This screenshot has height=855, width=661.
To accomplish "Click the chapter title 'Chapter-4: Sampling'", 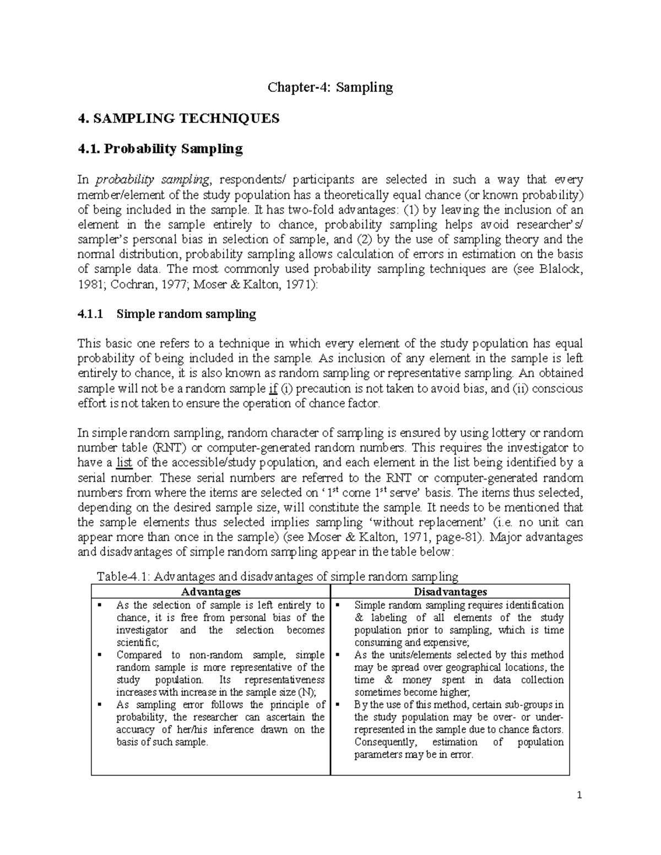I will click(x=330, y=87).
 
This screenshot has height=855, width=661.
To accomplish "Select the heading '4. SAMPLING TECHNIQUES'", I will click(x=178, y=118).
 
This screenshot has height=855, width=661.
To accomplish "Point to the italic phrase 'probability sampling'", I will click(x=152, y=179).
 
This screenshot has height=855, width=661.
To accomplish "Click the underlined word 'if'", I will click(x=272, y=389).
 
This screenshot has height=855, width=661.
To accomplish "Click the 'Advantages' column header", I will click(x=211, y=592).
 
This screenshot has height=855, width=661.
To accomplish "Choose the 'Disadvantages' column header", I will click(x=450, y=592).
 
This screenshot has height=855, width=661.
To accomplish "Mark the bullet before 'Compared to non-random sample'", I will click(x=100, y=655).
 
